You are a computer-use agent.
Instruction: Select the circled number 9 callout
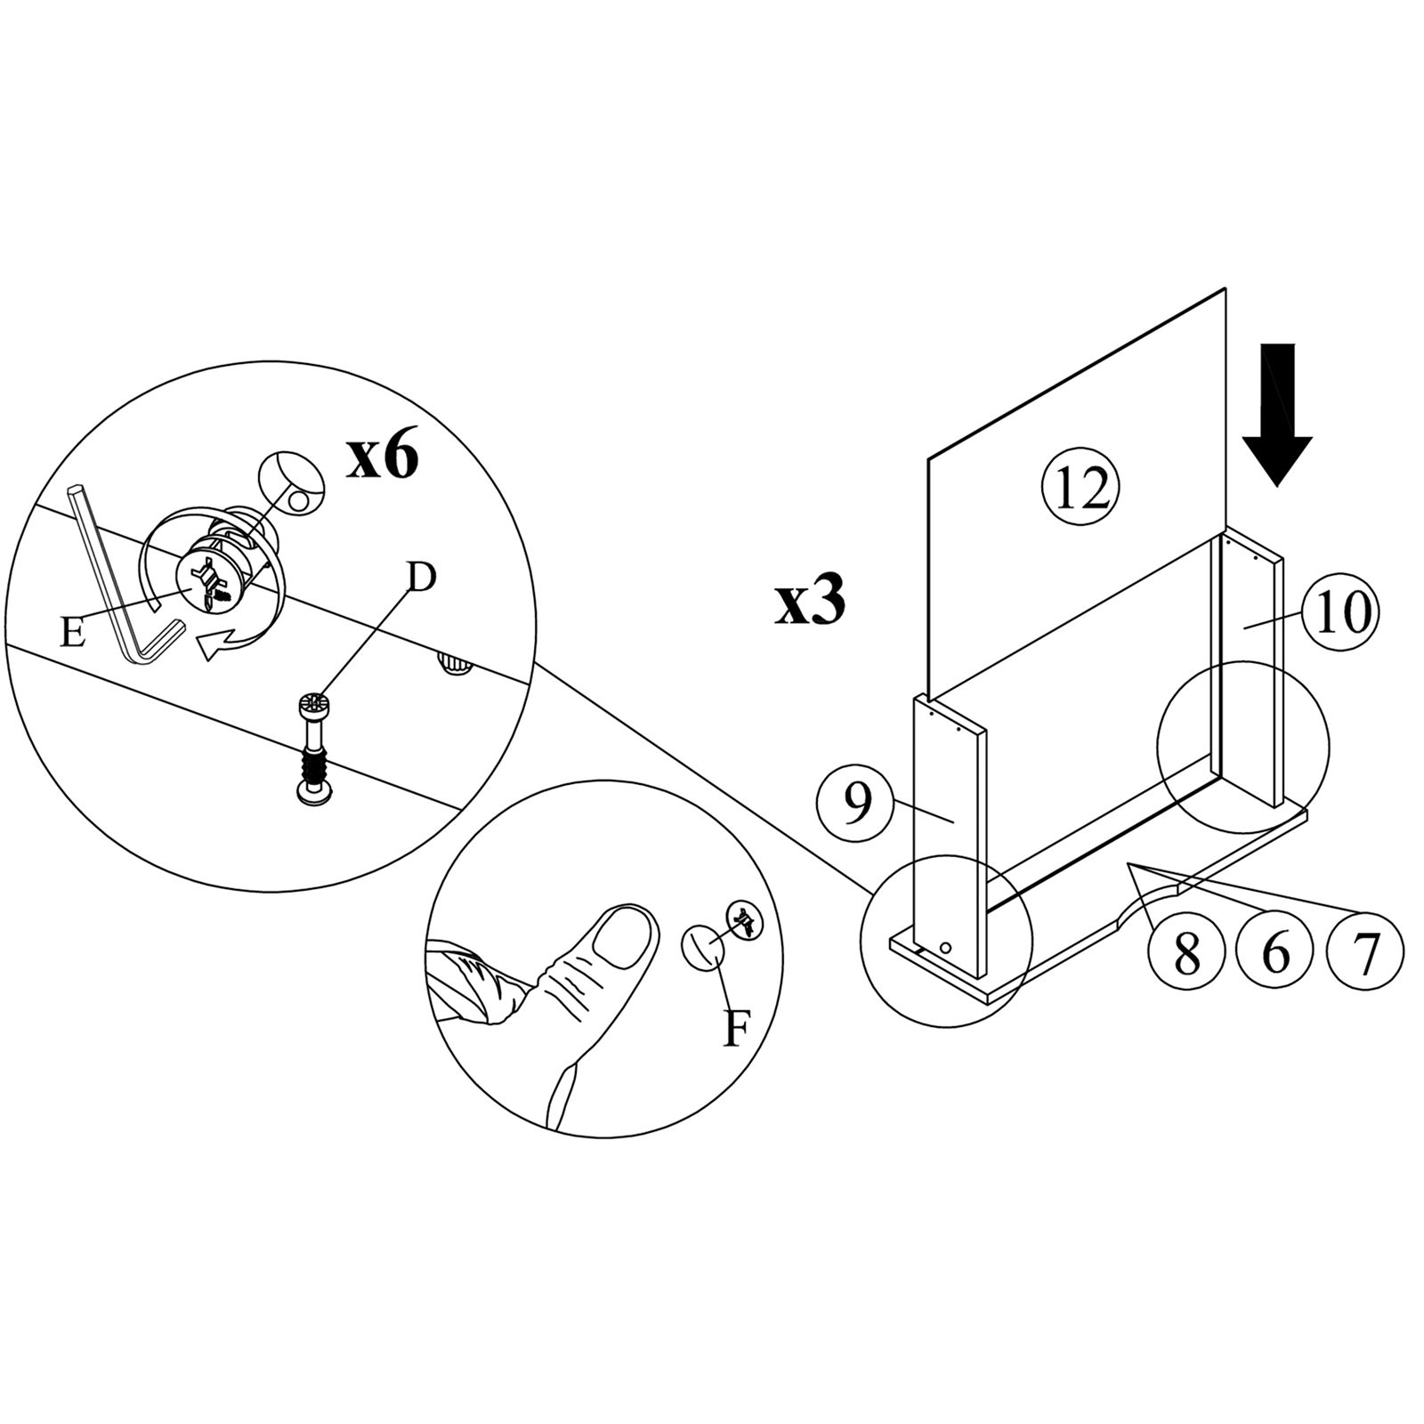pos(855,804)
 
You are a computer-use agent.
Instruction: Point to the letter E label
pos(73,634)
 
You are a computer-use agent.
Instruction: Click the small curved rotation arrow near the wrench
pos(222,642)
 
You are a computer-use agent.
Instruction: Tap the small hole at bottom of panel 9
pos(946,949)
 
